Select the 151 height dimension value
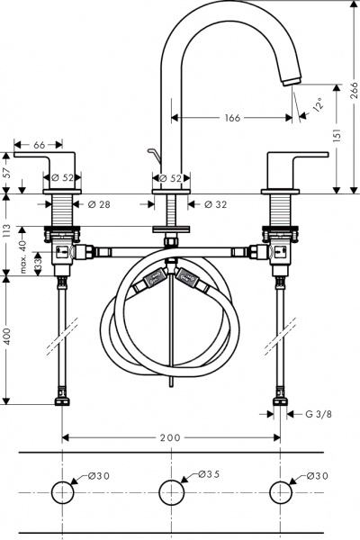point(335,134)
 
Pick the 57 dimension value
point(7,168)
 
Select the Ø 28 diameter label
point(99,205)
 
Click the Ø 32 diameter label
point(215,205)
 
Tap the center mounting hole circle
point(172,492)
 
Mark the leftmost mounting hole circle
point(63,492)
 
